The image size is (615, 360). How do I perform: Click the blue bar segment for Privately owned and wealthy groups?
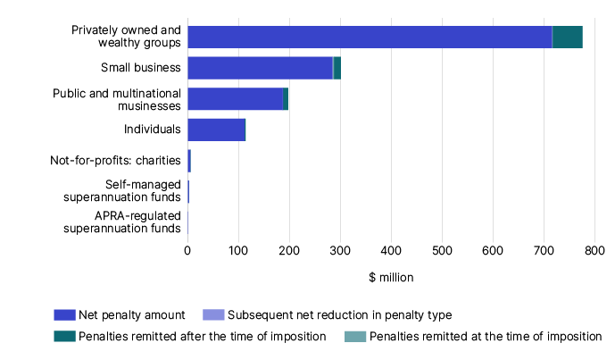(370, 37)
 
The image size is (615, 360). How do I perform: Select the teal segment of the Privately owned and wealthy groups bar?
(568, 37)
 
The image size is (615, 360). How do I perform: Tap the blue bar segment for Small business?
(260, 68)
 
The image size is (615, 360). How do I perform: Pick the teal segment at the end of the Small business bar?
(337, 68)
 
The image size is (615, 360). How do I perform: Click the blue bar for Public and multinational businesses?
(235, 99)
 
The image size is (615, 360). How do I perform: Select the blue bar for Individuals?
(215, 130)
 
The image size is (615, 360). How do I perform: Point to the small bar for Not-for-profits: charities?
(189, 162)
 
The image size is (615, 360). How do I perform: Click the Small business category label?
(141, 68)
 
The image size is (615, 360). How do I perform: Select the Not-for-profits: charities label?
(115, 162)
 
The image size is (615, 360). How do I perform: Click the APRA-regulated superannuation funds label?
(122, 222)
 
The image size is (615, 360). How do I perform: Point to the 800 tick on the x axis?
(594, 252)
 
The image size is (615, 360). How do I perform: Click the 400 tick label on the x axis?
(391, 252)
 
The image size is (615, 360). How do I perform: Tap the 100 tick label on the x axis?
(238, 252)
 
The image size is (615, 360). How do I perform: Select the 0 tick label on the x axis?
(187, 252)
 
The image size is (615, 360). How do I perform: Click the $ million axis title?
(391, 278)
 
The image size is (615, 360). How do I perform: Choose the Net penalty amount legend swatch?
(64, 314)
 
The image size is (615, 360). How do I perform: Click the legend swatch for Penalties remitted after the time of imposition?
(64, 337)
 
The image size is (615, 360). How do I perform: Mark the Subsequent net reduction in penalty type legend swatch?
(213, 314)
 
